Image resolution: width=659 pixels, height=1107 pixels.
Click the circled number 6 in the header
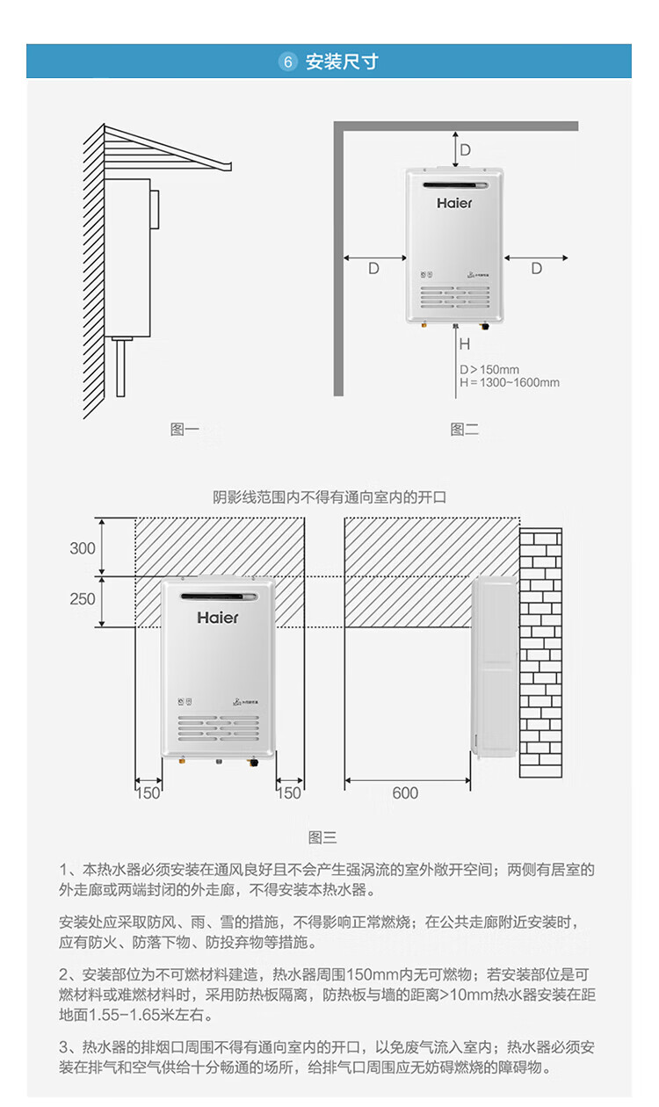click(287, 61)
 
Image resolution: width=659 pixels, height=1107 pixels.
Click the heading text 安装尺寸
click(342, 61)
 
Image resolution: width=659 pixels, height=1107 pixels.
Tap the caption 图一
click(185, 430)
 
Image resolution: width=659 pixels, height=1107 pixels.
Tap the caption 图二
click(464, 430)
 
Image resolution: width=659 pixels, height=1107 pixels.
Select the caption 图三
click(322, 838)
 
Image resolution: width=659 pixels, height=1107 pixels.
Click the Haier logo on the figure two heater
click(454, 203)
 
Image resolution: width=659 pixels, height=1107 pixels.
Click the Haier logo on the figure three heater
click(218, 618)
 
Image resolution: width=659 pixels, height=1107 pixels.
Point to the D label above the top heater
click(466, 149)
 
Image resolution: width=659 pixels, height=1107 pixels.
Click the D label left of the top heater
click(373, 269)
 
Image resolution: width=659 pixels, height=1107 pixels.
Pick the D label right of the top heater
click(536, 269)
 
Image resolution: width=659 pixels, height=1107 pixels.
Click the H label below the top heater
click(465, 344)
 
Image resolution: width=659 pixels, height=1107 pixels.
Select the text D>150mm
click(489, 369)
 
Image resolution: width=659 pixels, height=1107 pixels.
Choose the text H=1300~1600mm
click(509, 382)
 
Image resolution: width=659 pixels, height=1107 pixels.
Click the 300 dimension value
click(83, 549)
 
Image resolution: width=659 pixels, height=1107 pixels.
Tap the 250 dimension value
click(83, 599)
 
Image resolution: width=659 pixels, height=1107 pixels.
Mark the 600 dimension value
click(405, 793)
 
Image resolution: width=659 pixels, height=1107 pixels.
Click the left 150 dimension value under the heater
click(148, 793)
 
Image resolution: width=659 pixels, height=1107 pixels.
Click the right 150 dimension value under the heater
click(289, 793)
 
